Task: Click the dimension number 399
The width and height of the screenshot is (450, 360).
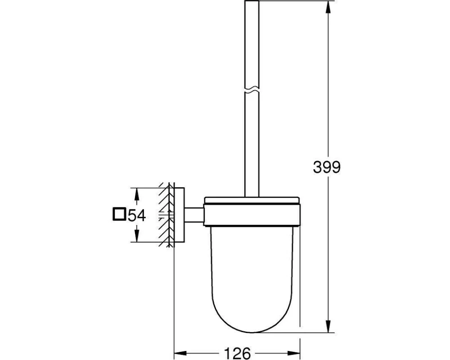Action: click(x=327, y=167)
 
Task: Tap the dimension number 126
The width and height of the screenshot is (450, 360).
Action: click(x=237, y=353)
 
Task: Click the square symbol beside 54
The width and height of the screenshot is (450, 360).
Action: click(x=119, y=215)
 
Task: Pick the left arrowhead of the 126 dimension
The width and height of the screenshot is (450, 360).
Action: click(x=180, y=353)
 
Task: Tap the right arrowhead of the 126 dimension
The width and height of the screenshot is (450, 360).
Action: click(x=294, y=353)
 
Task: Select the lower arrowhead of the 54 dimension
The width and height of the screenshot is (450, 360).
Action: click(x=137, y=236)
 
